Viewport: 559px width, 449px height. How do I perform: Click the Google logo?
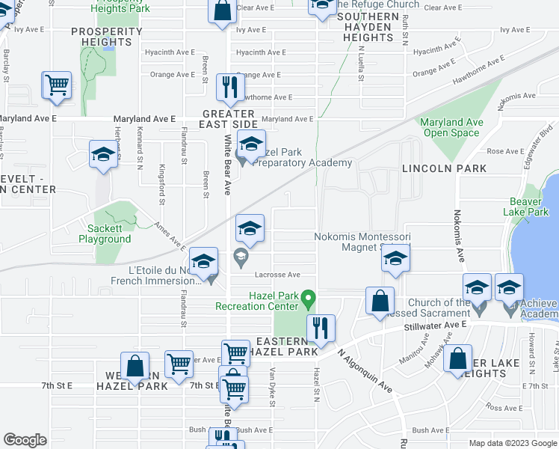(x=25, y=440)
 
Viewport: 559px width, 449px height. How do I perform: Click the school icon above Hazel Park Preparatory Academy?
(x=251, y=143)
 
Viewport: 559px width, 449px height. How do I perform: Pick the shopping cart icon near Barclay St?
(x=57, y=85)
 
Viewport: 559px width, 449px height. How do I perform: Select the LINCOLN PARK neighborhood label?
(x=438, y=169)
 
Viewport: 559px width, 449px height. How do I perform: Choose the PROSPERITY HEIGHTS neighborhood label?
(x=106, y=36)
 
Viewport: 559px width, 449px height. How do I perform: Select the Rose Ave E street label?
(x=505, y=151)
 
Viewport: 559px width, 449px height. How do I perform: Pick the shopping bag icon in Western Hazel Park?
(x=135, y=367)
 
